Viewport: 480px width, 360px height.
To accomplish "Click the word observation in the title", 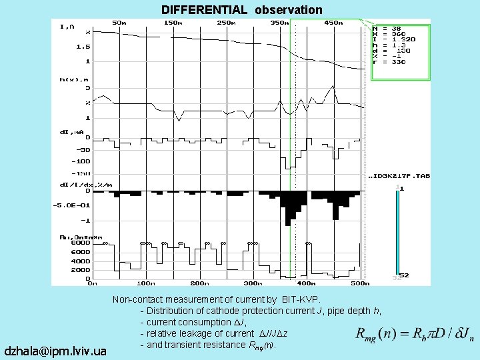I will (288, 10).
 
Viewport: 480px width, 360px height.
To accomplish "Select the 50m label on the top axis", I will (119, 23).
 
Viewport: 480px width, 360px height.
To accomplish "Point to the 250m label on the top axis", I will (227, 23).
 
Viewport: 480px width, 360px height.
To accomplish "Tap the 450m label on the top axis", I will (333, 23).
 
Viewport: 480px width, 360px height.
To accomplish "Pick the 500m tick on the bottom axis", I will (360, 283).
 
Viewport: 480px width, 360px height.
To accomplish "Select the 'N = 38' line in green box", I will (387, 29).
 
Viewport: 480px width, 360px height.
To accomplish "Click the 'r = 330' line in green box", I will (389, 62).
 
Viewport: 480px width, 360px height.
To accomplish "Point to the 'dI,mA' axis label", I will (71, 132).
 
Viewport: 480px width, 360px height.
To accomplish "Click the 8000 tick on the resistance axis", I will (80, 243).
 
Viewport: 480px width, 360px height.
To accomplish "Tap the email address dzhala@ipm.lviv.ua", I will (55, 350).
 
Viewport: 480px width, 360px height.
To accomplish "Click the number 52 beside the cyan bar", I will (404, 275).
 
